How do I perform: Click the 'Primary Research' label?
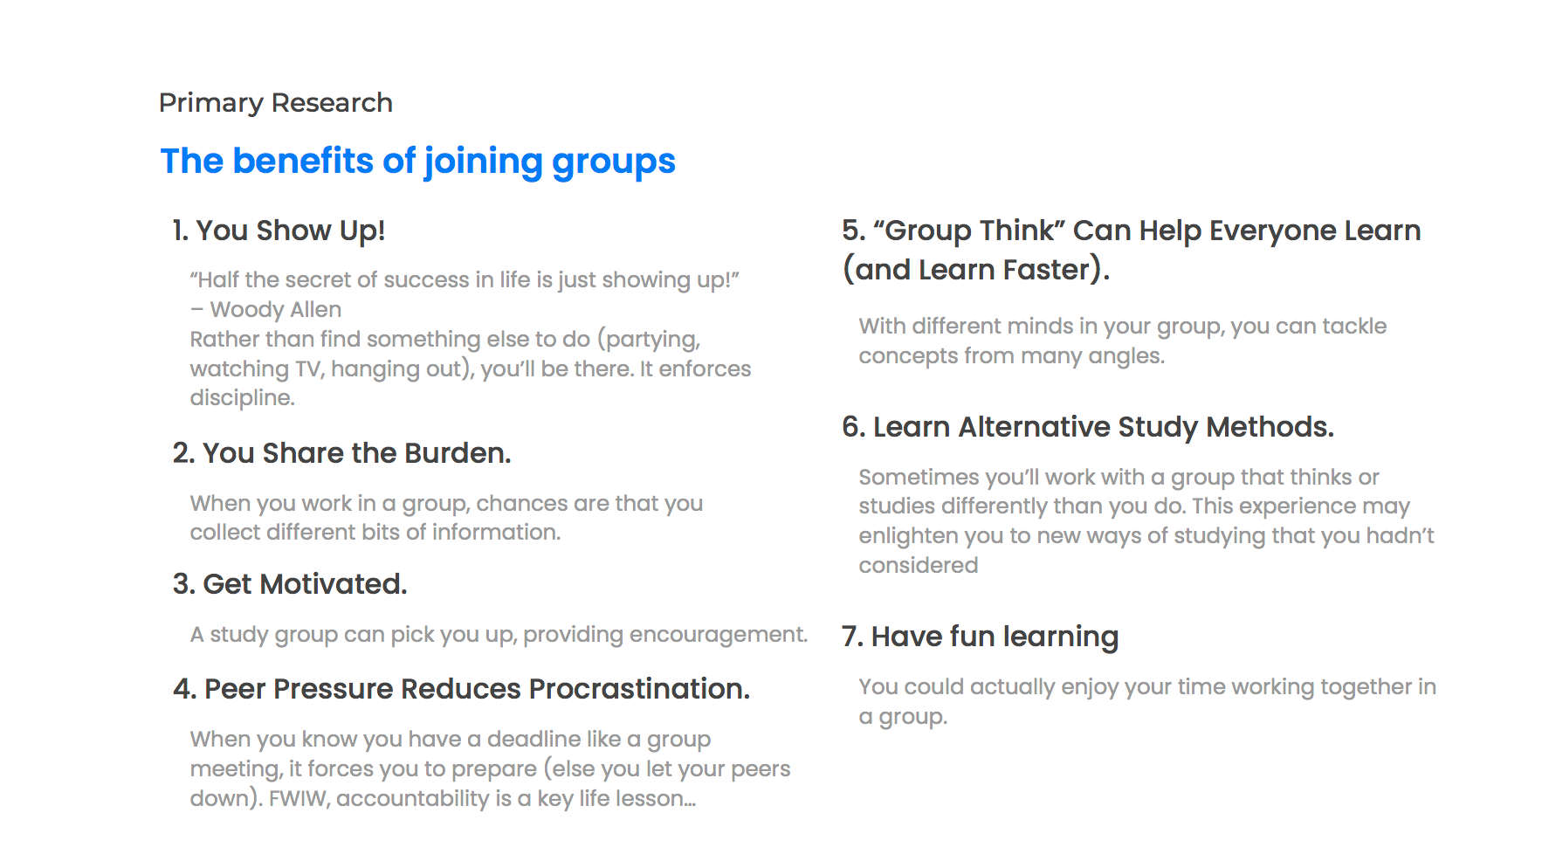click(x=276, y=103)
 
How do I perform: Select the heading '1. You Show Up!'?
click(x=279, y=231)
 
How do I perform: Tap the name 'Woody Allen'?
click(x=276, y=309)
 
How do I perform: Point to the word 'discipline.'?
click(x=243, y=398)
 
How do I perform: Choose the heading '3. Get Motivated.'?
click(x=290, y=584)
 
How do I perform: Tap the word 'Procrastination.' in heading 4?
click(x=640, y=689)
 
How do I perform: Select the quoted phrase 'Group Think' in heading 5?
click(x=969, y=231)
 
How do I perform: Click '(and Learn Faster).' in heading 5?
click(x=976, y=270)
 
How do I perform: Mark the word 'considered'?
click(x=919, y=566)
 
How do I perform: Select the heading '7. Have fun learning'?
click(x=981, y=637)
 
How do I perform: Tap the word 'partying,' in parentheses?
click(x=650, y=340)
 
